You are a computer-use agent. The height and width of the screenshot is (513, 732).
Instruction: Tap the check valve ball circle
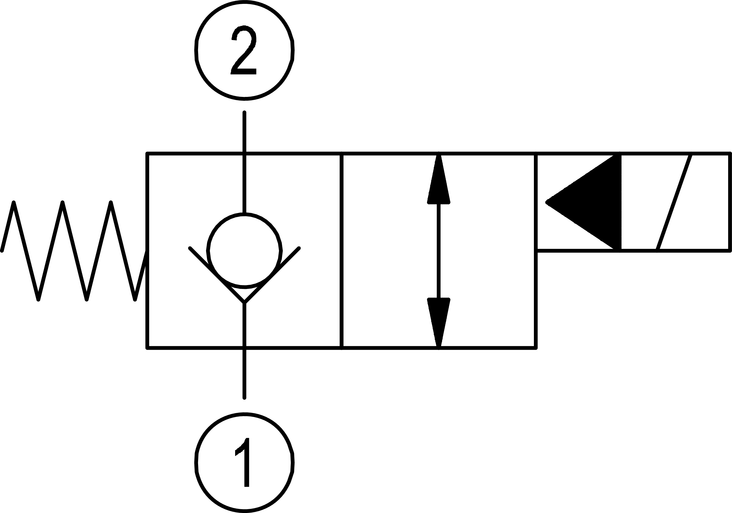pyautogui.click(x=245, y=250)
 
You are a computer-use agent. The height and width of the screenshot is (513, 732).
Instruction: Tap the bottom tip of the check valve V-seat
pyautogui.click(x=244, y=302)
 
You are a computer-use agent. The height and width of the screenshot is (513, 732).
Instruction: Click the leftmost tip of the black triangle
pyautogui.click(x=547, y=202)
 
